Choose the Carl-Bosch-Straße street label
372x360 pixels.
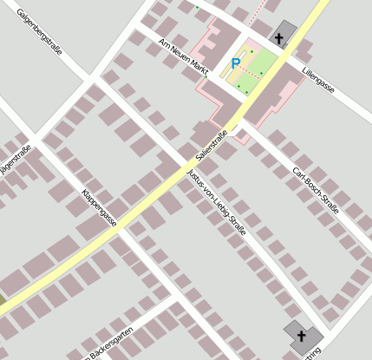click(x=315, y=192)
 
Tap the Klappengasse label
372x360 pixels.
click(x=99, y=207)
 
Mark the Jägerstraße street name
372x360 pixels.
click(x=16, y=161)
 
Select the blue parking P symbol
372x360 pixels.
click(x=235, y=63)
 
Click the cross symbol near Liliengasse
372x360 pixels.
click(x=278, y=36)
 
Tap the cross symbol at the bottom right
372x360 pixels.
click(x=302, y=335)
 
